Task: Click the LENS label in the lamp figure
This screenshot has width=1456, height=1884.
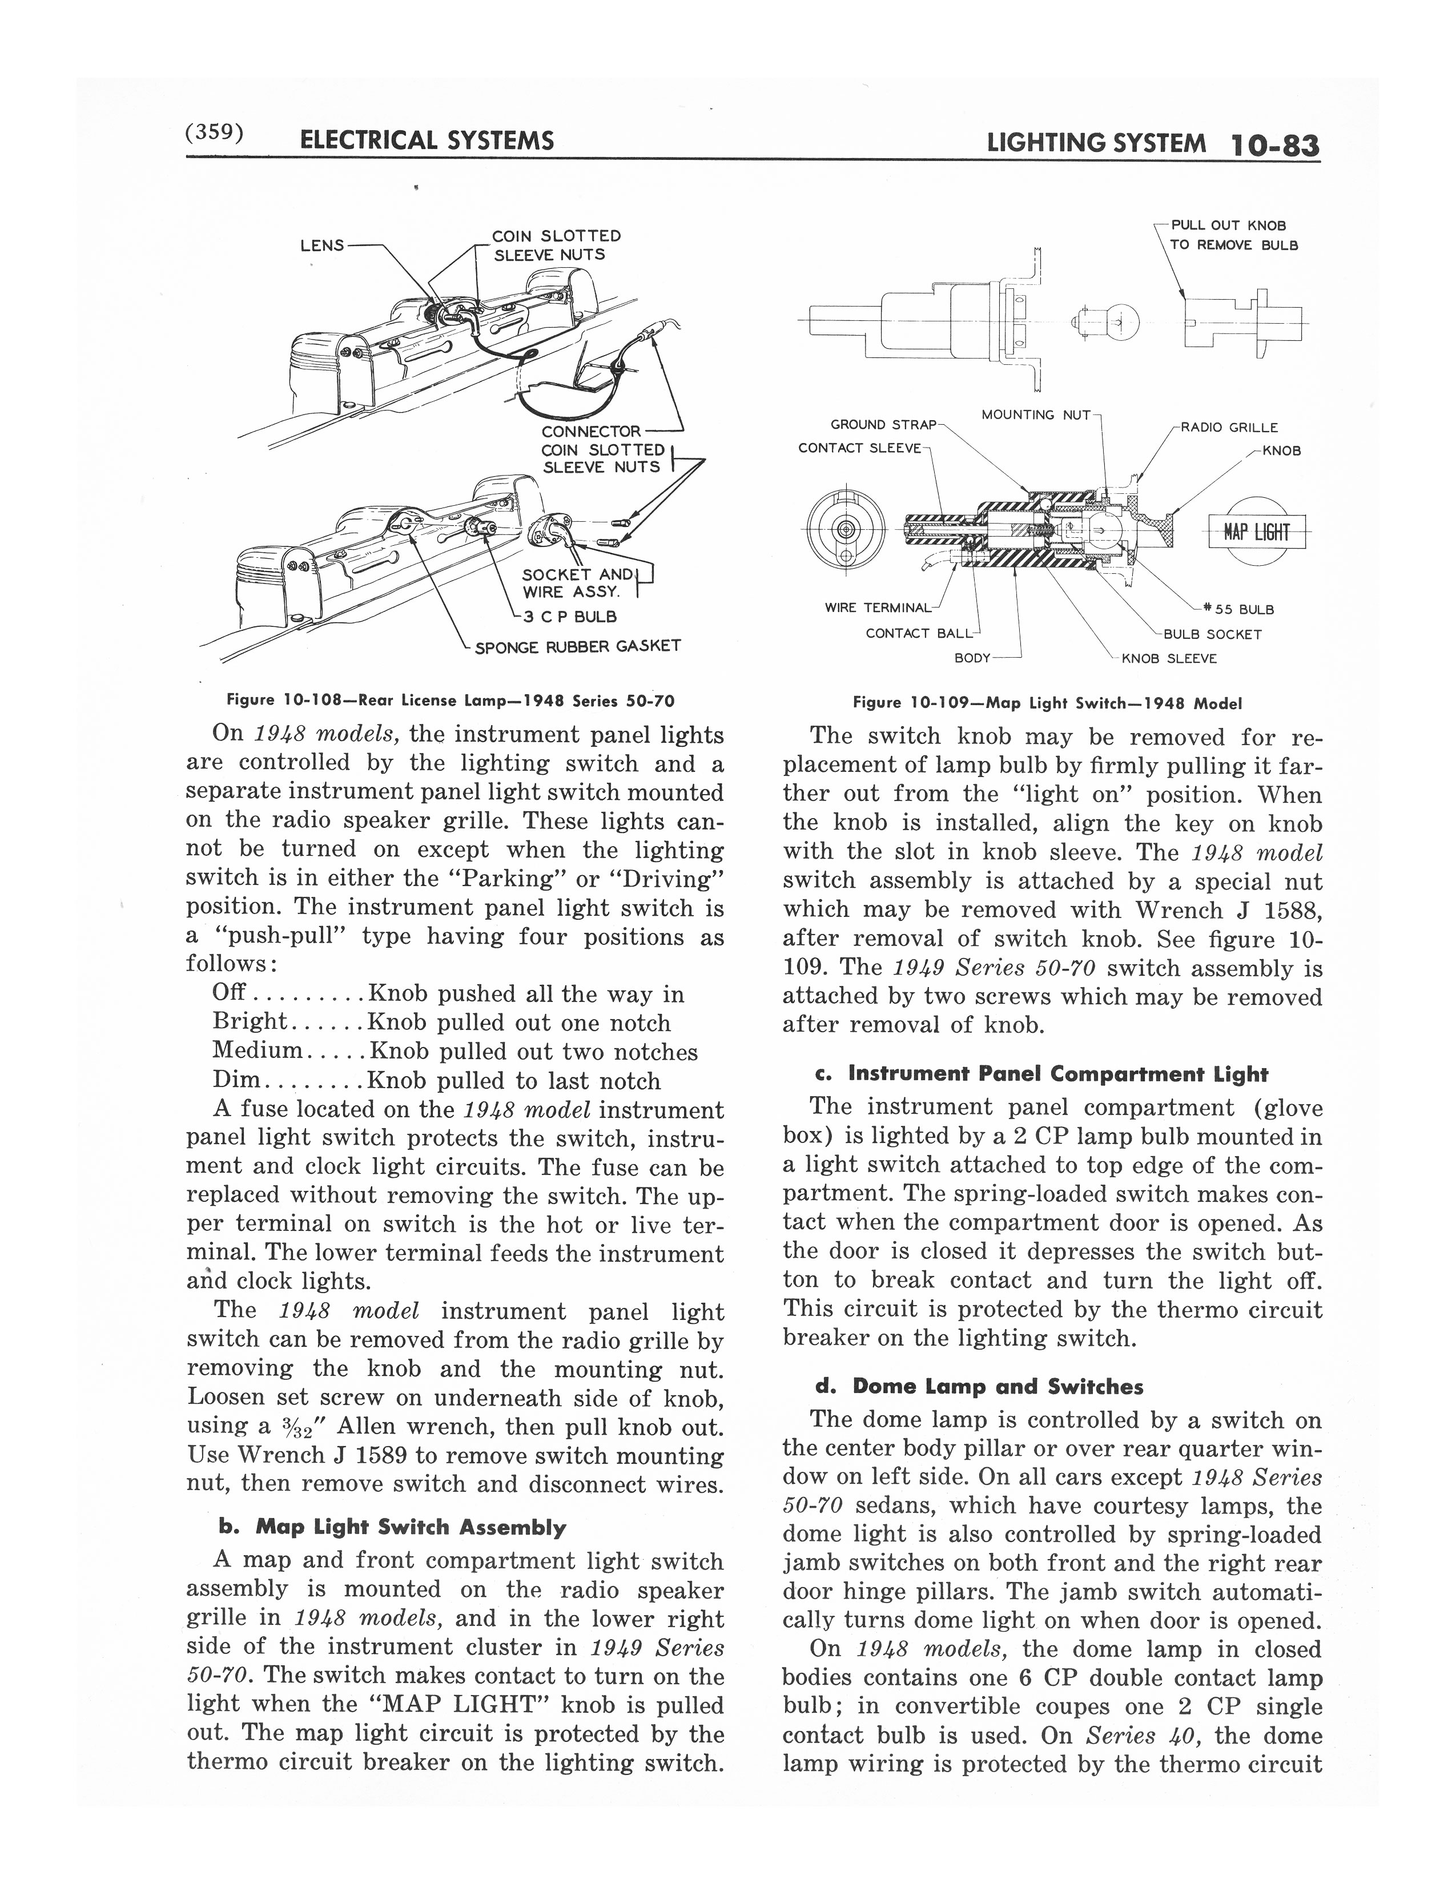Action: [321, 245]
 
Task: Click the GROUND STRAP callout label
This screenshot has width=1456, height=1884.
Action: [882, 424]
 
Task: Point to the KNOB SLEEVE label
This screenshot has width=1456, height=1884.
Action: [1169, 658]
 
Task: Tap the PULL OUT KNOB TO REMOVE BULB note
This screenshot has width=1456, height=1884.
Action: [1233, 235]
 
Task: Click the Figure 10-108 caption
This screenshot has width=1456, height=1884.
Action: [449, 701]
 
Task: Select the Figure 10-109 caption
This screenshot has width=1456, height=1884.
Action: [1046, 703]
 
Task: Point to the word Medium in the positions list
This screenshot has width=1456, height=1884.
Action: [257, 1052]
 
